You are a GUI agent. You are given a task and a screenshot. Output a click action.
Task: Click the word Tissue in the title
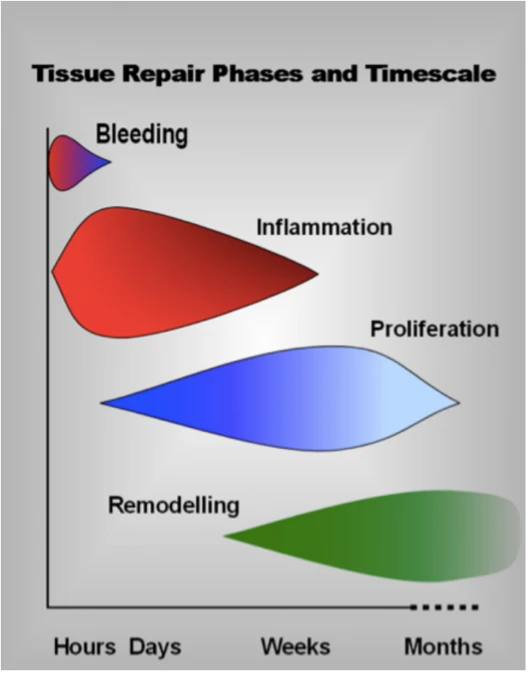coord(73,74)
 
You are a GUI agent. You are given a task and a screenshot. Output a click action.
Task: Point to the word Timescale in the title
coord(431,74)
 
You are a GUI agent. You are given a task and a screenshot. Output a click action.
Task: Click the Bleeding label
coord(142,135)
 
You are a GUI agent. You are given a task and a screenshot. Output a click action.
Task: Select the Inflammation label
coord(324,227)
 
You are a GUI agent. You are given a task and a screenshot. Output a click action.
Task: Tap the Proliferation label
coord(435,329)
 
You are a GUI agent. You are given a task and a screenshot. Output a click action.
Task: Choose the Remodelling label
coord(174,505)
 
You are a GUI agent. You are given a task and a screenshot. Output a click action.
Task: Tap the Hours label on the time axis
coord(85,647)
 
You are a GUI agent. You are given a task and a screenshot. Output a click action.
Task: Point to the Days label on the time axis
coord(155,647)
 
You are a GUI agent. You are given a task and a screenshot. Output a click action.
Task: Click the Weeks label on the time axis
coord(296,647)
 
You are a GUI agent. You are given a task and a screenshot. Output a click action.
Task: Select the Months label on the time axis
coord(443,647)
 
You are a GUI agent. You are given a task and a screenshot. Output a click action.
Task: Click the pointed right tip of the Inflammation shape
coord(318,273)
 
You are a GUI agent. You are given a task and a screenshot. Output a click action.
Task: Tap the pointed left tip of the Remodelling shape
coord(224,536)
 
